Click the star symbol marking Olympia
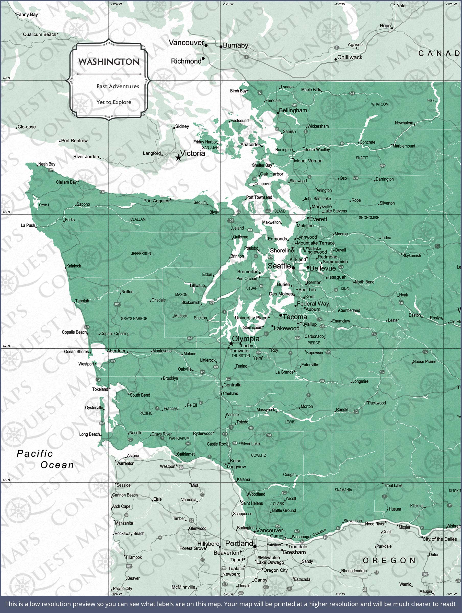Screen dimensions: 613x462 [231, 344]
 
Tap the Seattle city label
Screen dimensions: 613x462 [279, 266]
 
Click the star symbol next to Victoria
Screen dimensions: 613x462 [178, 158]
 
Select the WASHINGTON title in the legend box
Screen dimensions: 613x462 [109, 62]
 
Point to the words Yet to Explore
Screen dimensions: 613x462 [114, 102]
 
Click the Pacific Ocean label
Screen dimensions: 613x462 [45, 459]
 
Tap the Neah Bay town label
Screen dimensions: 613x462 [47, 164]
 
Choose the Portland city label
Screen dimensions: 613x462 [239, 544]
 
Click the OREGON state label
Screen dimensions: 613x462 [389, 560]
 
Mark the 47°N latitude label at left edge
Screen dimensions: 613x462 [6, 346]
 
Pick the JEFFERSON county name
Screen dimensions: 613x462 [141, 253]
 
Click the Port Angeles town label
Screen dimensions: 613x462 [156, 201]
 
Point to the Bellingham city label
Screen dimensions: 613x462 [293, 110]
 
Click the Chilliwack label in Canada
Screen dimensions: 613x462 [350, 57]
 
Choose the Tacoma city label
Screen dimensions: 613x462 [295, 317]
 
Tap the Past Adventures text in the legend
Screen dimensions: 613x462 [118, 86]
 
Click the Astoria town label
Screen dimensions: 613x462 [133, 456]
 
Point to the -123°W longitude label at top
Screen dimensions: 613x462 [228, 4]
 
